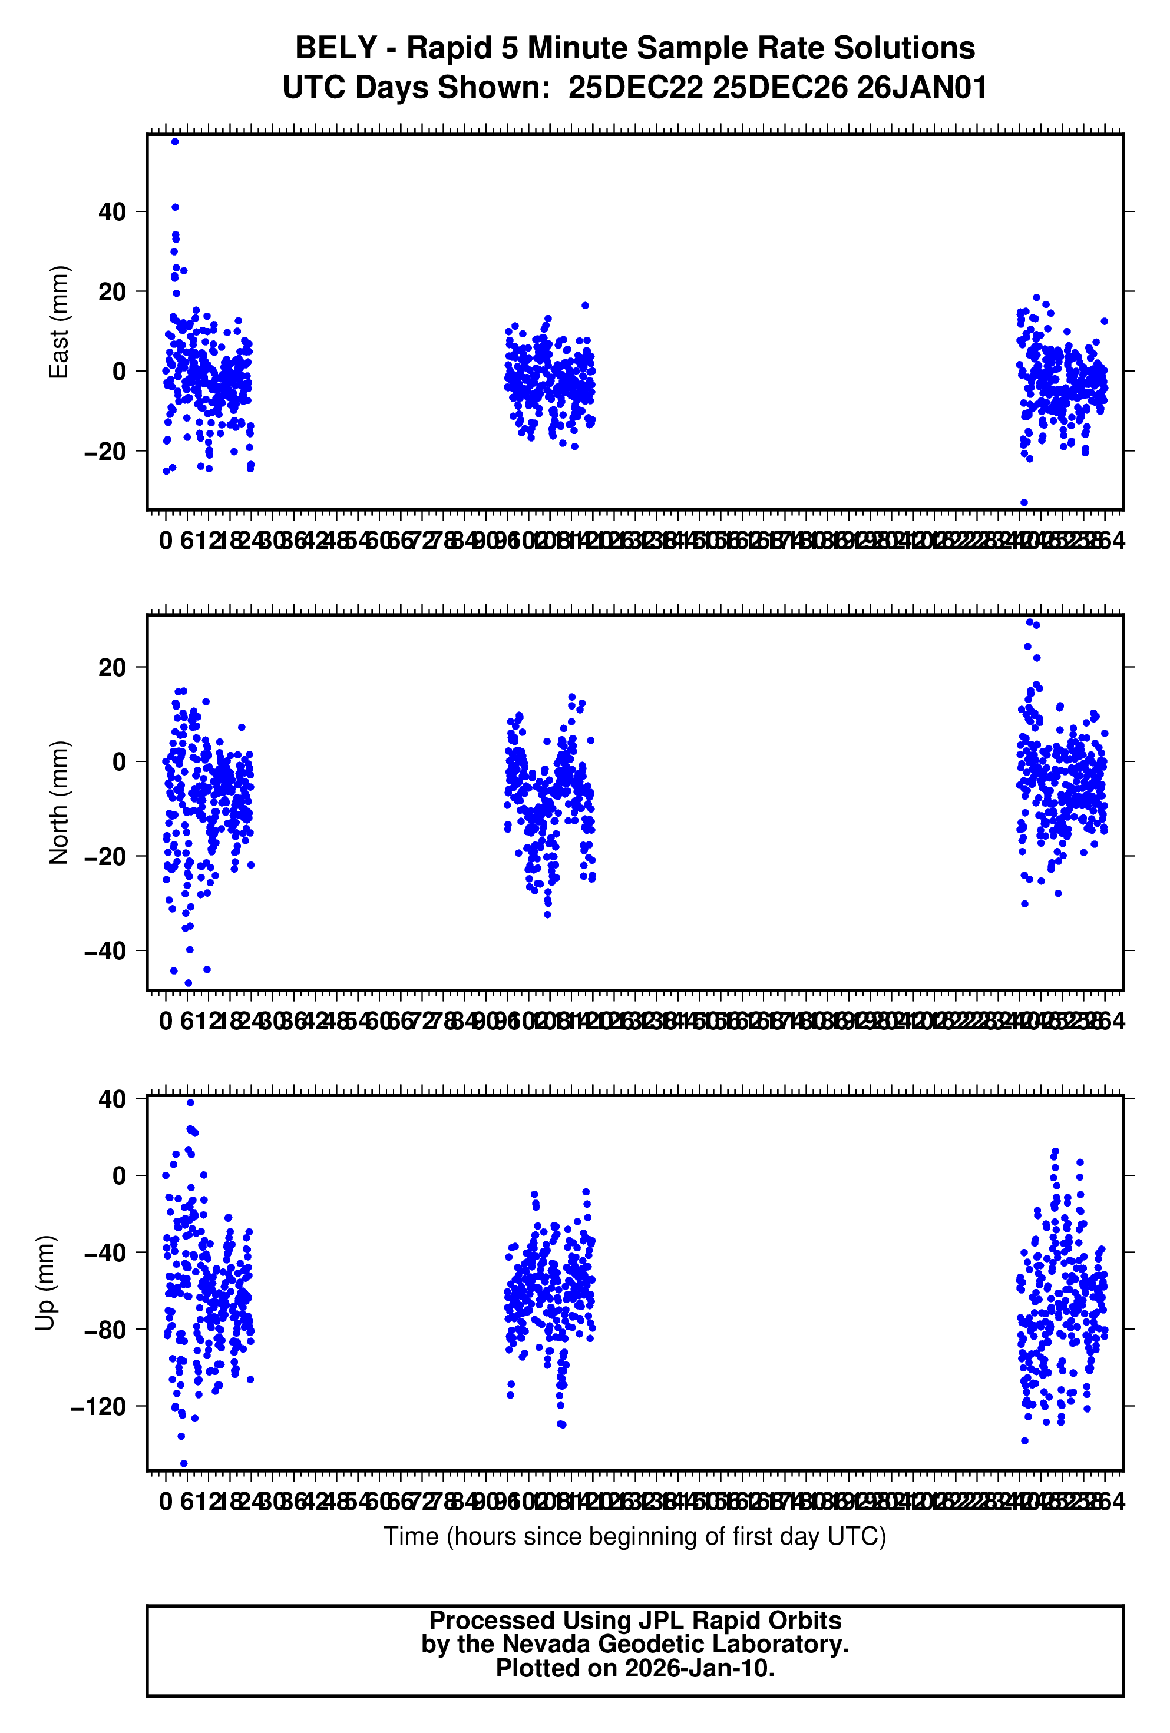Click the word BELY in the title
pyautogui.click(x=335, y=48)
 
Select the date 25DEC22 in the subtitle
pyautogui.click(x=635, y=88)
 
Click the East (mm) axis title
pyautogui.click(x=59, y=322)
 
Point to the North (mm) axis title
pyautogui.click(x=59, y=803)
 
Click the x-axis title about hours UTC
pyautogui.click(x=635, y=1536)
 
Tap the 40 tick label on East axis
pyautogui.click(x=112, y=212)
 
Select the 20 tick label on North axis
pyautogui.click(x=112, y=667)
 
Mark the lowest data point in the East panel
pyautogui.click(x=1024, y=503)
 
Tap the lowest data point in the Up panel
pyautogui.click(x=184, y=1464)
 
